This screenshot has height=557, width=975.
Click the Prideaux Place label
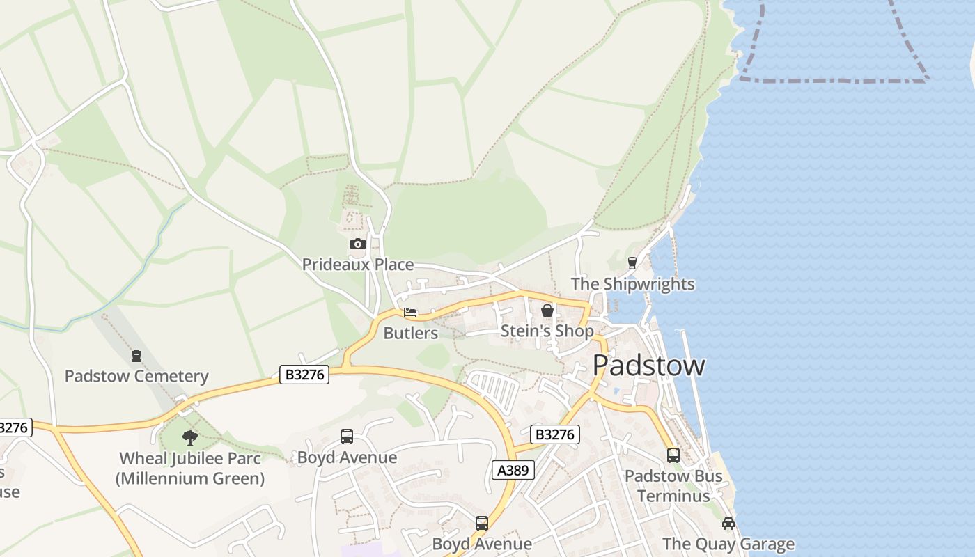coord(357,265)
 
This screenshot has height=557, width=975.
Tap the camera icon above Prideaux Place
coord(357,244)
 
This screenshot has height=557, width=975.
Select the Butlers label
coord(411,333)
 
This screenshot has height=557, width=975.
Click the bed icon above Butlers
coord(410,313)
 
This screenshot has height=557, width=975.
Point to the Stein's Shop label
coord(547,331)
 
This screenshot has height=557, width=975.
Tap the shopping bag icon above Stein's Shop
coord(547,311)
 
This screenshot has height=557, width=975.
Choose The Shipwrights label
coord(632,284)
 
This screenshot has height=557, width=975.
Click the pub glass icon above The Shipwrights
coord(632,263)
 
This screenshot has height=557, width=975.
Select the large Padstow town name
coord(648,366)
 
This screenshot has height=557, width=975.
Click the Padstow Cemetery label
coord(136,376)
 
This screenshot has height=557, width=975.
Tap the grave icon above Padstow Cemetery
coord(136,356)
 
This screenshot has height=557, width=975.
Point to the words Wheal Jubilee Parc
coord(190,458)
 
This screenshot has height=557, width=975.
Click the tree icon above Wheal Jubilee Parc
coord(190,438)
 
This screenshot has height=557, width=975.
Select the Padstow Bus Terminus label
coord(673,486)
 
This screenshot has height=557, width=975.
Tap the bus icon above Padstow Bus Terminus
coord(673,455)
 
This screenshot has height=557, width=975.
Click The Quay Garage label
coord(728,544)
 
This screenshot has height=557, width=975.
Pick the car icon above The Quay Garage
coord(728,524)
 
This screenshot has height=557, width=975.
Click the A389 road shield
coord(514,470)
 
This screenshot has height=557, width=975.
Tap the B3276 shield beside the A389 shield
coord(555,434)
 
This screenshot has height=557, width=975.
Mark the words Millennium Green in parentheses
coord(190,478)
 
